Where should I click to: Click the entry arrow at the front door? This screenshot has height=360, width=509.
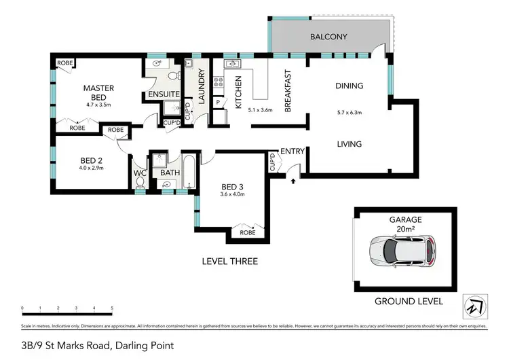tap(293, 181)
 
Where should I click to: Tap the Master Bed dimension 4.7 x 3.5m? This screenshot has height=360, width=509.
tap(98, 105)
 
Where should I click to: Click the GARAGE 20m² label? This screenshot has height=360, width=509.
tap(405, 224)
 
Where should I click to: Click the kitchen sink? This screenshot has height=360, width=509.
tap(231, 65)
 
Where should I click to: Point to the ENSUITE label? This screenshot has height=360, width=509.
tap(164, 94)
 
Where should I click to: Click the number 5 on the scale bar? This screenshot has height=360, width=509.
tap(112, 308)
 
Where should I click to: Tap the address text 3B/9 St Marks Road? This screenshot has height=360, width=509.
tap(97, 346)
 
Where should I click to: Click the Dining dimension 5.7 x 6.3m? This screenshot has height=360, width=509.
tap(350, 113)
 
